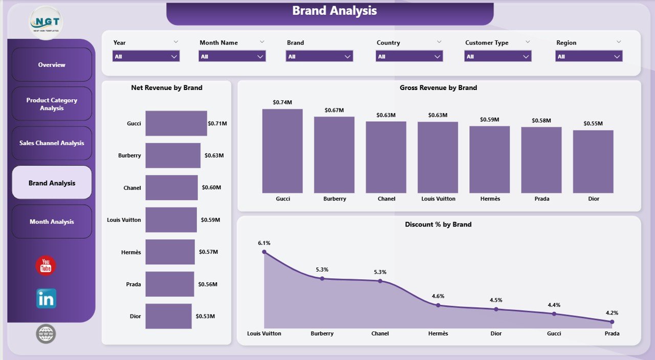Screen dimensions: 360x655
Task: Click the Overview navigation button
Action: click(x=52, y=65)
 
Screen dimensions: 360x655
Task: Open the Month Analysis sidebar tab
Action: click(x=52, y=222)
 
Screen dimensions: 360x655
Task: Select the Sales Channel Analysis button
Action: click(x=52, y=143)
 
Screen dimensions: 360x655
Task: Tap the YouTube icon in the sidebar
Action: click(x=46, y=266)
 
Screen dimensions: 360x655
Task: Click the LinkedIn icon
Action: click(x=46, y=299)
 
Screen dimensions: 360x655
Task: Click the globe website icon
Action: click(x=46, y=334)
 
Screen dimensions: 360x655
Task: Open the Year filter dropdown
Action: click(x=146, y=56)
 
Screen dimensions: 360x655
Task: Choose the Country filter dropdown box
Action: click(x=409, y=56)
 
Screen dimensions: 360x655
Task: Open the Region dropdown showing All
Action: click(x=588, y=56)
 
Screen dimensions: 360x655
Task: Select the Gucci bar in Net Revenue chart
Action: click(x=176, y=123)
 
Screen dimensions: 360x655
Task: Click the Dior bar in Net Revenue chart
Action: click(x=168, y=316)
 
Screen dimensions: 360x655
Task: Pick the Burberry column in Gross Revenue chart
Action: click(x=334, y=154)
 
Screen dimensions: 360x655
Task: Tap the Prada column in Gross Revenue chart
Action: click(x=541, y=160)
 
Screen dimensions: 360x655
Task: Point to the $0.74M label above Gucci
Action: click(x=282, y=102)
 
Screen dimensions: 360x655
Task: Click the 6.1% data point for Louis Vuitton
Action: click(x=264, y=252)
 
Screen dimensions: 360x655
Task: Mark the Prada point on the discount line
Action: click(x=612, y=322)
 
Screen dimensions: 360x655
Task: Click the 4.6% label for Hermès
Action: click(x=438, y=296)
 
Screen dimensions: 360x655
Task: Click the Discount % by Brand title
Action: click(x=438, y=224)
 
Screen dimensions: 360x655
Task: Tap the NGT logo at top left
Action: click(x=47, y=23)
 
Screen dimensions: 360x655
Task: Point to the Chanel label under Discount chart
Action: click(x=380, y=333)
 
